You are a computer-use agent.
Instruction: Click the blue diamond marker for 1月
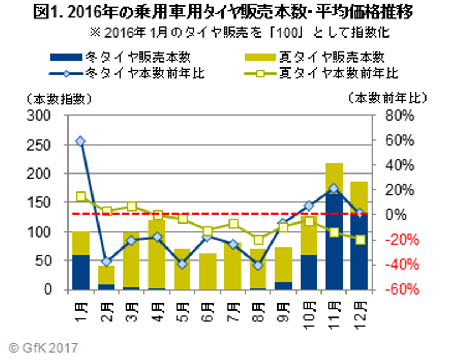point(81,141)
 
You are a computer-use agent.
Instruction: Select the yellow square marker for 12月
point(360,240)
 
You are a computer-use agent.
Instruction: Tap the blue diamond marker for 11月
point(334,189)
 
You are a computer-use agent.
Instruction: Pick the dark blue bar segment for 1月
point(81,272)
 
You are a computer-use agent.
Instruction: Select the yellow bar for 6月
point(207,271)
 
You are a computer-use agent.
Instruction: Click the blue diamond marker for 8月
point(258,265)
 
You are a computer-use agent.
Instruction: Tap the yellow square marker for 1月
point(81,197)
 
